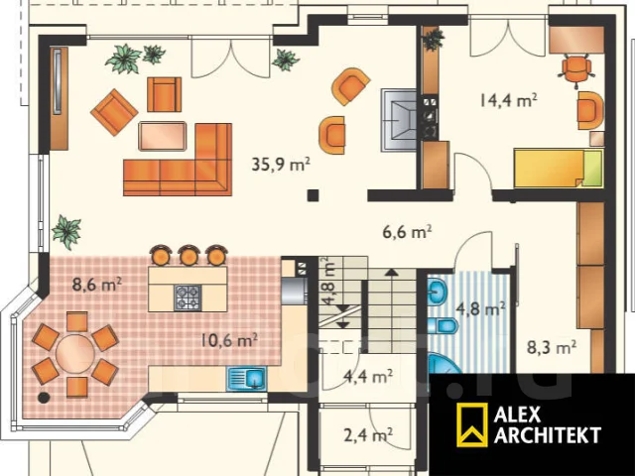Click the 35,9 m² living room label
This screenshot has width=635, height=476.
pos(281,164)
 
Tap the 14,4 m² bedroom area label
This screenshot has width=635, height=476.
pos(508,99)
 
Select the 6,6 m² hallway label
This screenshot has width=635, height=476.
pos(407,232)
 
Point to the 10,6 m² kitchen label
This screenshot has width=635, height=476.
pos(229,340)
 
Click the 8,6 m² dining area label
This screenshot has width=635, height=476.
pos(97,285)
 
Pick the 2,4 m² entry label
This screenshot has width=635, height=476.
pos(368,435)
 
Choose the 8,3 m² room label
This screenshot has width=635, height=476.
pos(552,347)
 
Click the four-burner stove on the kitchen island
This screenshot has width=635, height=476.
pos(188,297)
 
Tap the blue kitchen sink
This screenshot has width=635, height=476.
pos(246,379)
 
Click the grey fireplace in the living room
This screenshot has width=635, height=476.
pos(399,120)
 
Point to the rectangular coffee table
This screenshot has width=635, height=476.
pos(163,136)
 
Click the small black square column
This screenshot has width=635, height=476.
pos(313,195)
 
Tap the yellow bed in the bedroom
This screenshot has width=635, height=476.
pos(559,169)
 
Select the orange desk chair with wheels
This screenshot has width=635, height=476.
pos(575,69)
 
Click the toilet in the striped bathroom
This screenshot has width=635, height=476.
pos(443,325)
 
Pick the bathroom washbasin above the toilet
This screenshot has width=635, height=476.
pos(438,291)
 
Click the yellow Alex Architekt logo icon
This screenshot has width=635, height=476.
pos(472,424)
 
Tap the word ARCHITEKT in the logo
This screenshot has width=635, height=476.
pos(548,435)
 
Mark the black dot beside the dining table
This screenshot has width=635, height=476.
pos(44,397)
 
